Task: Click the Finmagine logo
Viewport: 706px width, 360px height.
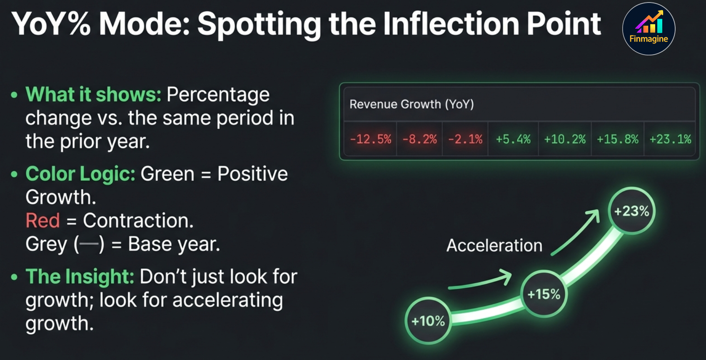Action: tap(649, 29)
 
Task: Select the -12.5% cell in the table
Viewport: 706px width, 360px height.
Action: tap(371, 139)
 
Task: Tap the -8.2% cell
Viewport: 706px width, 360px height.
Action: tap(419, 139)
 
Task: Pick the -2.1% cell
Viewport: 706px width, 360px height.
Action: tap(465, 139)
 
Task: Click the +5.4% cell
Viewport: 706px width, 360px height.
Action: tap(513, 139)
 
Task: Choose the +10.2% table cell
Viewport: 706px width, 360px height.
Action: tap(565, 139)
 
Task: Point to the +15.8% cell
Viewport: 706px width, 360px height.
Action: tap(618, 139)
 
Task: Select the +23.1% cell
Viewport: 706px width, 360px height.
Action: tap(670, 139)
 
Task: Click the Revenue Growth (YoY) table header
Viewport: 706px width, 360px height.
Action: tap(412, 104)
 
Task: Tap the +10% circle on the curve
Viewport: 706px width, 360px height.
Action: tap(428, 321)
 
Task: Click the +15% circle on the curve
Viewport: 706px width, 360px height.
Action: tap(544, 294)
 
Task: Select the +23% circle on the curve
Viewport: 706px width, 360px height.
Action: tap(631, 211)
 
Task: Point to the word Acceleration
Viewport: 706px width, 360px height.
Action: tap(494, 245)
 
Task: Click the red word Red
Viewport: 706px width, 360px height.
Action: tap(42, 220)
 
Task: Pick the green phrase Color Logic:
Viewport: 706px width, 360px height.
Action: tap(80, 174)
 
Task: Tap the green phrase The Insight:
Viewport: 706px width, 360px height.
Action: tap(80, 277)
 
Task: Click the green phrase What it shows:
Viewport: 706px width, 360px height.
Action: tap(93, 95)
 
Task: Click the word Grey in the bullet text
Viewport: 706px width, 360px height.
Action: tap(46, 244)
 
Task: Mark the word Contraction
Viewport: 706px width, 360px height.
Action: tap(138, 220)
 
